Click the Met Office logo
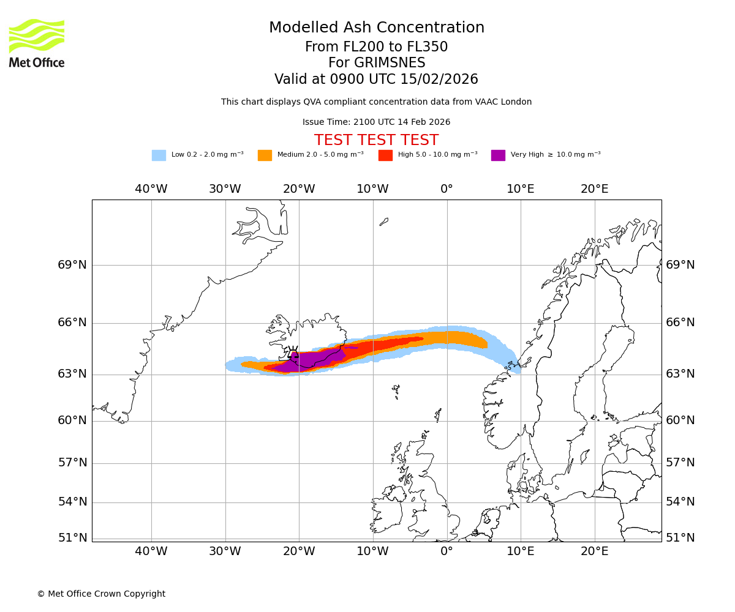click(37, 43)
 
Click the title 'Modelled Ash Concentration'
click(377, 28)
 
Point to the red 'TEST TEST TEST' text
click(376, 140)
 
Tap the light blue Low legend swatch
click(159, 155)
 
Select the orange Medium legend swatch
click(265, 155)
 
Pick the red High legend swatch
click(385, 155)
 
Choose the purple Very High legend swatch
click(498, 155)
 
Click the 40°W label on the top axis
click(151, 189)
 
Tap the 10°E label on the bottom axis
click(521, 551)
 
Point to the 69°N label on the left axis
click(73, 265)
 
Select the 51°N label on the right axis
click(680, 538)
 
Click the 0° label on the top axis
click(447, 189)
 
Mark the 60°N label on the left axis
click(73, 420)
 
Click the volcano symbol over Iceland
click(293, 354)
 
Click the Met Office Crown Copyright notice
click(101, 594)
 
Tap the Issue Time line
click(376, 122)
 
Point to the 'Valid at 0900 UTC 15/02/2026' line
click(376, 80)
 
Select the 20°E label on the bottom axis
click(594, 551)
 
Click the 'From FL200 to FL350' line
click(376, 47)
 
